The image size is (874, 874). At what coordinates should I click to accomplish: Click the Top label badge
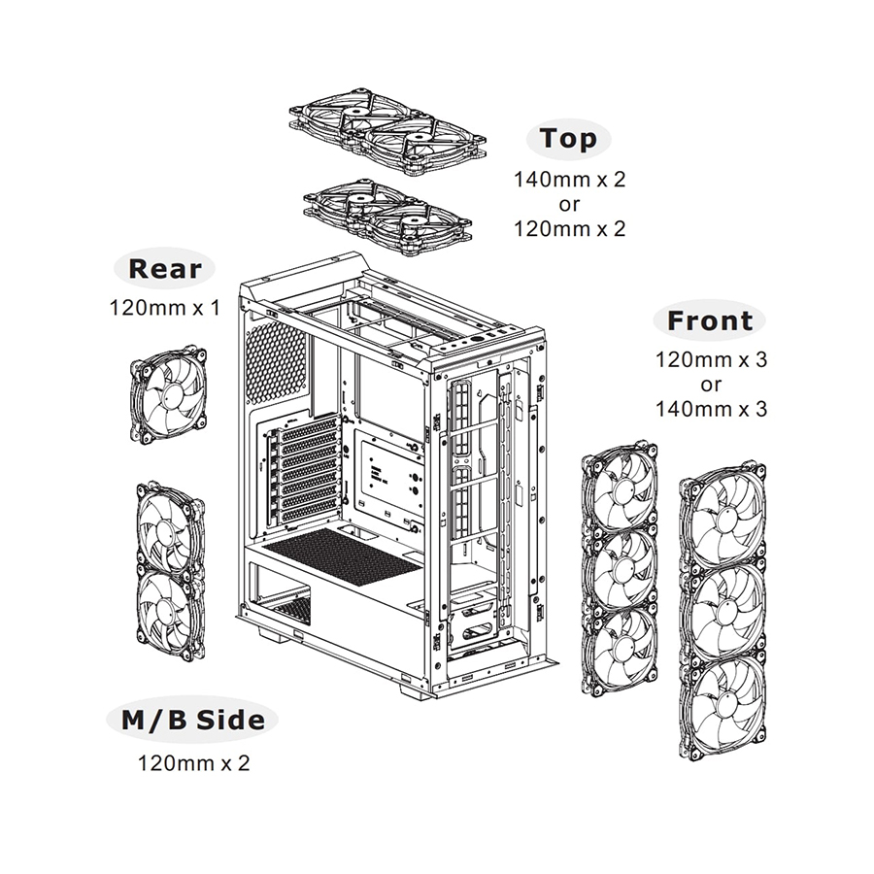point(569,139)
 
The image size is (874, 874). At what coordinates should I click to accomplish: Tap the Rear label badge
point(164,269)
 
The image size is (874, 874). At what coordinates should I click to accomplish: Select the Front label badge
point(710,320)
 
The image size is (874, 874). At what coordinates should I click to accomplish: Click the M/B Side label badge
point(192,721)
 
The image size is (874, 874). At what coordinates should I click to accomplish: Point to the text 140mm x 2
point(569,180)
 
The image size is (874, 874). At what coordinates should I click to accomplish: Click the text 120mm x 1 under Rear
point(164,309)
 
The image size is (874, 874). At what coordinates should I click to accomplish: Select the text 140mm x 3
point(711,409)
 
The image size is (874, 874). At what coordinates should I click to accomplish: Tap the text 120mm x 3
point(711,360)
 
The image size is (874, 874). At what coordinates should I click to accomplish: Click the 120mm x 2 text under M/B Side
point(193,762)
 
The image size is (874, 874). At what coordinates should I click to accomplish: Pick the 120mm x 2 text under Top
point(569,229)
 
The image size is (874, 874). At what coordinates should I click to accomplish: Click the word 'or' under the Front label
point(711,385)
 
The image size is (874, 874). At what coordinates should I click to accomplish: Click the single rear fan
point(169,392)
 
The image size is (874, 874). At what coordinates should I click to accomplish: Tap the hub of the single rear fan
point(169,393)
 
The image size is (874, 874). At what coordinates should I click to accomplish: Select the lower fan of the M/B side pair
point(170,611)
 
